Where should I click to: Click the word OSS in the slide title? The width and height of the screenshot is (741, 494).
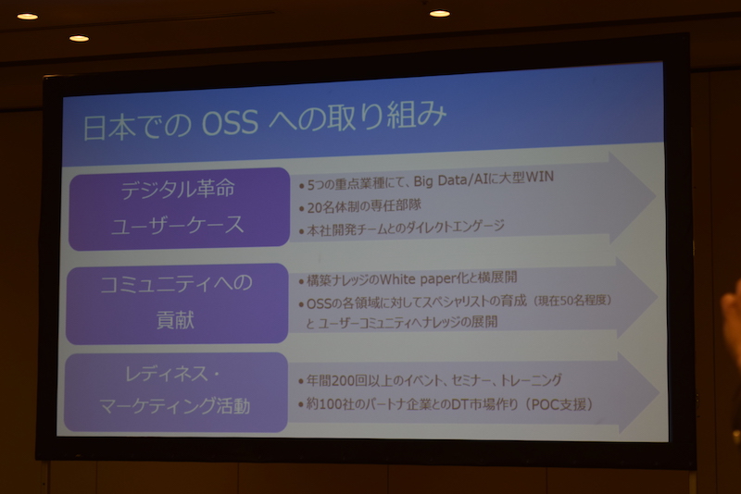tap(230, 124)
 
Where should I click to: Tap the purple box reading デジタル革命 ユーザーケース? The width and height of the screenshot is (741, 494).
tap(179, 208)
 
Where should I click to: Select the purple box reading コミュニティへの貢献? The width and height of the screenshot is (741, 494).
tap(177, 303)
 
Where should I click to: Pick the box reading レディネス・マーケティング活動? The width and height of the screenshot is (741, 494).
tap(175, 391)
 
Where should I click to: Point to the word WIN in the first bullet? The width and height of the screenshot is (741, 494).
tap(540, 177)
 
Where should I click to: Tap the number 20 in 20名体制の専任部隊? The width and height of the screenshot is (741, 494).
tap(314, 207)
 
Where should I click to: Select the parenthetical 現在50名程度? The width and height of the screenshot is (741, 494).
tap(572, 300)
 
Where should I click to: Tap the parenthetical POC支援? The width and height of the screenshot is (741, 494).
tap(559, 404)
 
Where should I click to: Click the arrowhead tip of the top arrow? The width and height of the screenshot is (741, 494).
tap(656, 195)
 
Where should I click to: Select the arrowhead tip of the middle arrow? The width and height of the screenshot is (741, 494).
tap(657, 297)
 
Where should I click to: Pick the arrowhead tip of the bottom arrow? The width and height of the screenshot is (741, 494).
tap(659, 392)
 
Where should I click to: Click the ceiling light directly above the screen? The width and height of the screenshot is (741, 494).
tap(439, 14)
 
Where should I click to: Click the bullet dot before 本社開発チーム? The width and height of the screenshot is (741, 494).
tap(302, 231)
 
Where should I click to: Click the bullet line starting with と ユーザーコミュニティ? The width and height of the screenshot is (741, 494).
tap(402, 322)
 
